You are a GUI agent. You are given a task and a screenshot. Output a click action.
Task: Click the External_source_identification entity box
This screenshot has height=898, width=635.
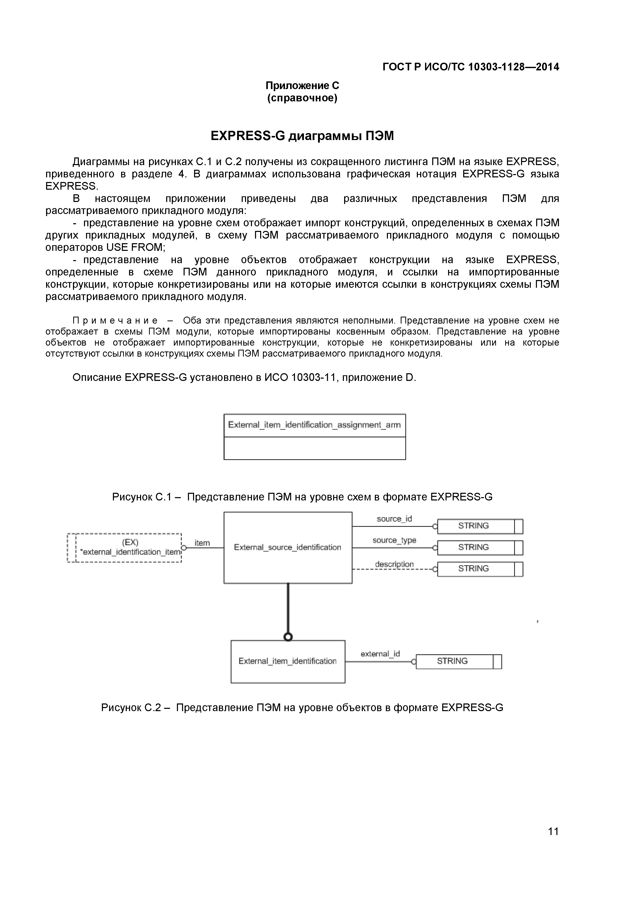pos(288,548)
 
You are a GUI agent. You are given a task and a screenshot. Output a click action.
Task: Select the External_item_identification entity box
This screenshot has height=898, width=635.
pos(288,661)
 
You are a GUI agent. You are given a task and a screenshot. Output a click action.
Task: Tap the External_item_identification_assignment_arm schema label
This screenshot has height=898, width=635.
pos(314,425)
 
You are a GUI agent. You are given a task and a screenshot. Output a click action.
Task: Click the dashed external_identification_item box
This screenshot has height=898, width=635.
pos(129,548)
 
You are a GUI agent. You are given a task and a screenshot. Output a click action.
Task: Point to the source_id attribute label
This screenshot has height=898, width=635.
pos(394,519)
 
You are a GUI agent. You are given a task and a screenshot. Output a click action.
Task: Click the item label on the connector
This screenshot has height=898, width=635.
pos(202,543)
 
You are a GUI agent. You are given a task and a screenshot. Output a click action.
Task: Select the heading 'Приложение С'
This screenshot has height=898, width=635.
pos(302,85)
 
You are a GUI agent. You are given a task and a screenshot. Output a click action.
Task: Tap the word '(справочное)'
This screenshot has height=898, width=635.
pos(302,98)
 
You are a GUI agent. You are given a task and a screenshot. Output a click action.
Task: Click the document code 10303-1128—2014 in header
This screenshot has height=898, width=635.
pos(513,67)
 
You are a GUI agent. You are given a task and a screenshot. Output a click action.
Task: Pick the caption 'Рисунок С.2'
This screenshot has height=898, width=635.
pos(131,708)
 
